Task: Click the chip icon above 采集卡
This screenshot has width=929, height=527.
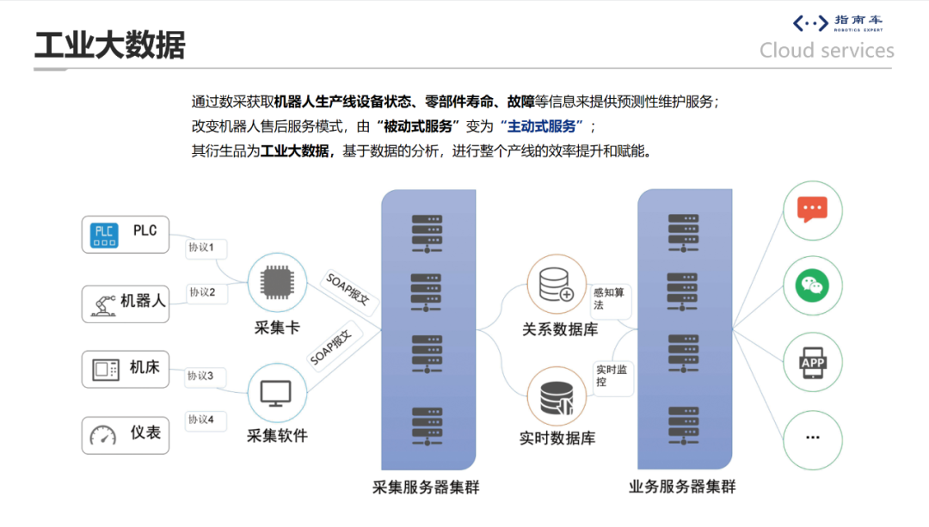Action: [276, 282]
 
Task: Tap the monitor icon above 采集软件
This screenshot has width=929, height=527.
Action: [276, 393]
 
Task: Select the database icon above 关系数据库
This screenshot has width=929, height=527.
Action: [556, 285]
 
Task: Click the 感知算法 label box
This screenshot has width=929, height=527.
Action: [611, 298]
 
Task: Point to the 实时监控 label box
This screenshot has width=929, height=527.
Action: [612, 376]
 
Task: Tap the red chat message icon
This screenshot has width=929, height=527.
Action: [812, 210]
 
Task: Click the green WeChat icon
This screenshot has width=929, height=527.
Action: [812, 285]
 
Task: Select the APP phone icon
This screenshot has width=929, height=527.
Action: [812, 362]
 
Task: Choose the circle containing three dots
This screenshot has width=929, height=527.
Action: [812, 438]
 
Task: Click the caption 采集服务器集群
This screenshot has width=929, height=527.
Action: [426, 487]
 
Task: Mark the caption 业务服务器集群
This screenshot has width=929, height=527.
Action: [682, 487]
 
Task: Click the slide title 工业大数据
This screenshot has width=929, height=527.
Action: [109, 45]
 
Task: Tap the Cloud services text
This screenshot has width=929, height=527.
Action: [827, 51]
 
